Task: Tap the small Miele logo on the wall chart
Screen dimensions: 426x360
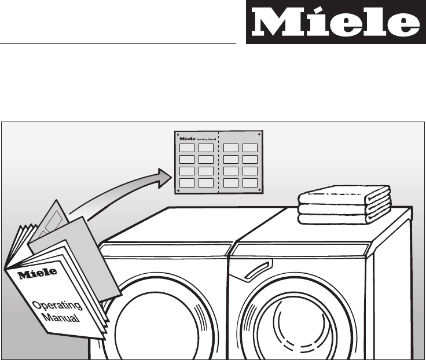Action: coord(188,139)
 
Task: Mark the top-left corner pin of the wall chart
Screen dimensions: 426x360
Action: coord(178,134)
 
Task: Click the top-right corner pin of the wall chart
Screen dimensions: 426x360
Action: coord(260,134)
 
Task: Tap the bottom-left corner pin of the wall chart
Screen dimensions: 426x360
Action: coord(178,189)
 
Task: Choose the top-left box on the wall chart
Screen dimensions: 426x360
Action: coord(187,148)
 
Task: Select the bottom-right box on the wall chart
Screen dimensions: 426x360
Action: coord(250,183)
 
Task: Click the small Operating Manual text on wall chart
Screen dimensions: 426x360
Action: coord(206,139)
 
